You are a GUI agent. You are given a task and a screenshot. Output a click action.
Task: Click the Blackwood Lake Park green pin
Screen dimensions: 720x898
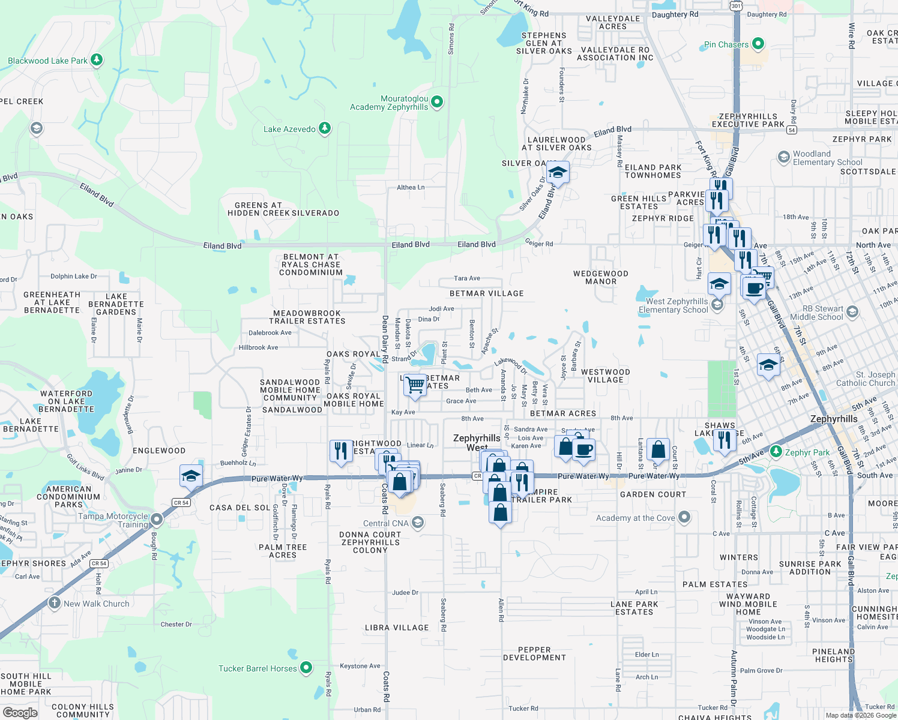(97, 60)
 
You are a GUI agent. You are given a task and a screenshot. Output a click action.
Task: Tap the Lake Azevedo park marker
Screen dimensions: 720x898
(324, 128)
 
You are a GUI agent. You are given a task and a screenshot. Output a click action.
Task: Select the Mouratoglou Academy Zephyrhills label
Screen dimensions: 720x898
(389, 103)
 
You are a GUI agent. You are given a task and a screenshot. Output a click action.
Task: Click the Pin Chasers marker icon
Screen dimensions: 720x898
(758, 44)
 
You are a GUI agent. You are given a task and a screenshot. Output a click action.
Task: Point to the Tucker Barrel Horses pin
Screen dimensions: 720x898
(306, 668)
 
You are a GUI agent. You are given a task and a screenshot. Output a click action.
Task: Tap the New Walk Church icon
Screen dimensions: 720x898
(55, 603)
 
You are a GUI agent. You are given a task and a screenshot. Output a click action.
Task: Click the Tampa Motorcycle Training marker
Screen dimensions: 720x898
(157, 519)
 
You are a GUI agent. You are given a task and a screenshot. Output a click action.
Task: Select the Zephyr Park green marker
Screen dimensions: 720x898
(776, 452)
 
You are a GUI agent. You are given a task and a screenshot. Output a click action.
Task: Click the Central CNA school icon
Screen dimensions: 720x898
(418, 523)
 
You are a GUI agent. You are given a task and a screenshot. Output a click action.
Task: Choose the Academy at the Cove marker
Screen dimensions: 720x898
(684, 517)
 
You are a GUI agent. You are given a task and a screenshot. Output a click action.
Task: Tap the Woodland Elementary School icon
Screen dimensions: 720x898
(783, 157)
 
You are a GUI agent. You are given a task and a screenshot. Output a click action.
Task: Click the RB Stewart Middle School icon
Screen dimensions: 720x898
(852, 312)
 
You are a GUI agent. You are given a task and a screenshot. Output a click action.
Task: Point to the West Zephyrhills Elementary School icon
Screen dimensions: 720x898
(717, 305)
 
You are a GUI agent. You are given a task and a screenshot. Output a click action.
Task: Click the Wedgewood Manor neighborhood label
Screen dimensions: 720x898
(600, 277)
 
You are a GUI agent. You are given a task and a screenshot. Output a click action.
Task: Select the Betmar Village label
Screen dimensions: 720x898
(486, 293)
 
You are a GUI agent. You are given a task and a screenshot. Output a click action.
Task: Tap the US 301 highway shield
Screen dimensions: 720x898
(736, 5)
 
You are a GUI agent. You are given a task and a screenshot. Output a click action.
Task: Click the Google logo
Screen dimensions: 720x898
(20, 712)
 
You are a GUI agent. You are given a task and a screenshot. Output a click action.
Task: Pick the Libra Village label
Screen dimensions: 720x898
(397, 628)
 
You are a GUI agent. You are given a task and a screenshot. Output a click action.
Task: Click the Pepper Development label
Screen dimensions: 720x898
(534, 653)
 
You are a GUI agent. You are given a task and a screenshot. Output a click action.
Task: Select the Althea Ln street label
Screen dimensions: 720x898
(411, 187)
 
